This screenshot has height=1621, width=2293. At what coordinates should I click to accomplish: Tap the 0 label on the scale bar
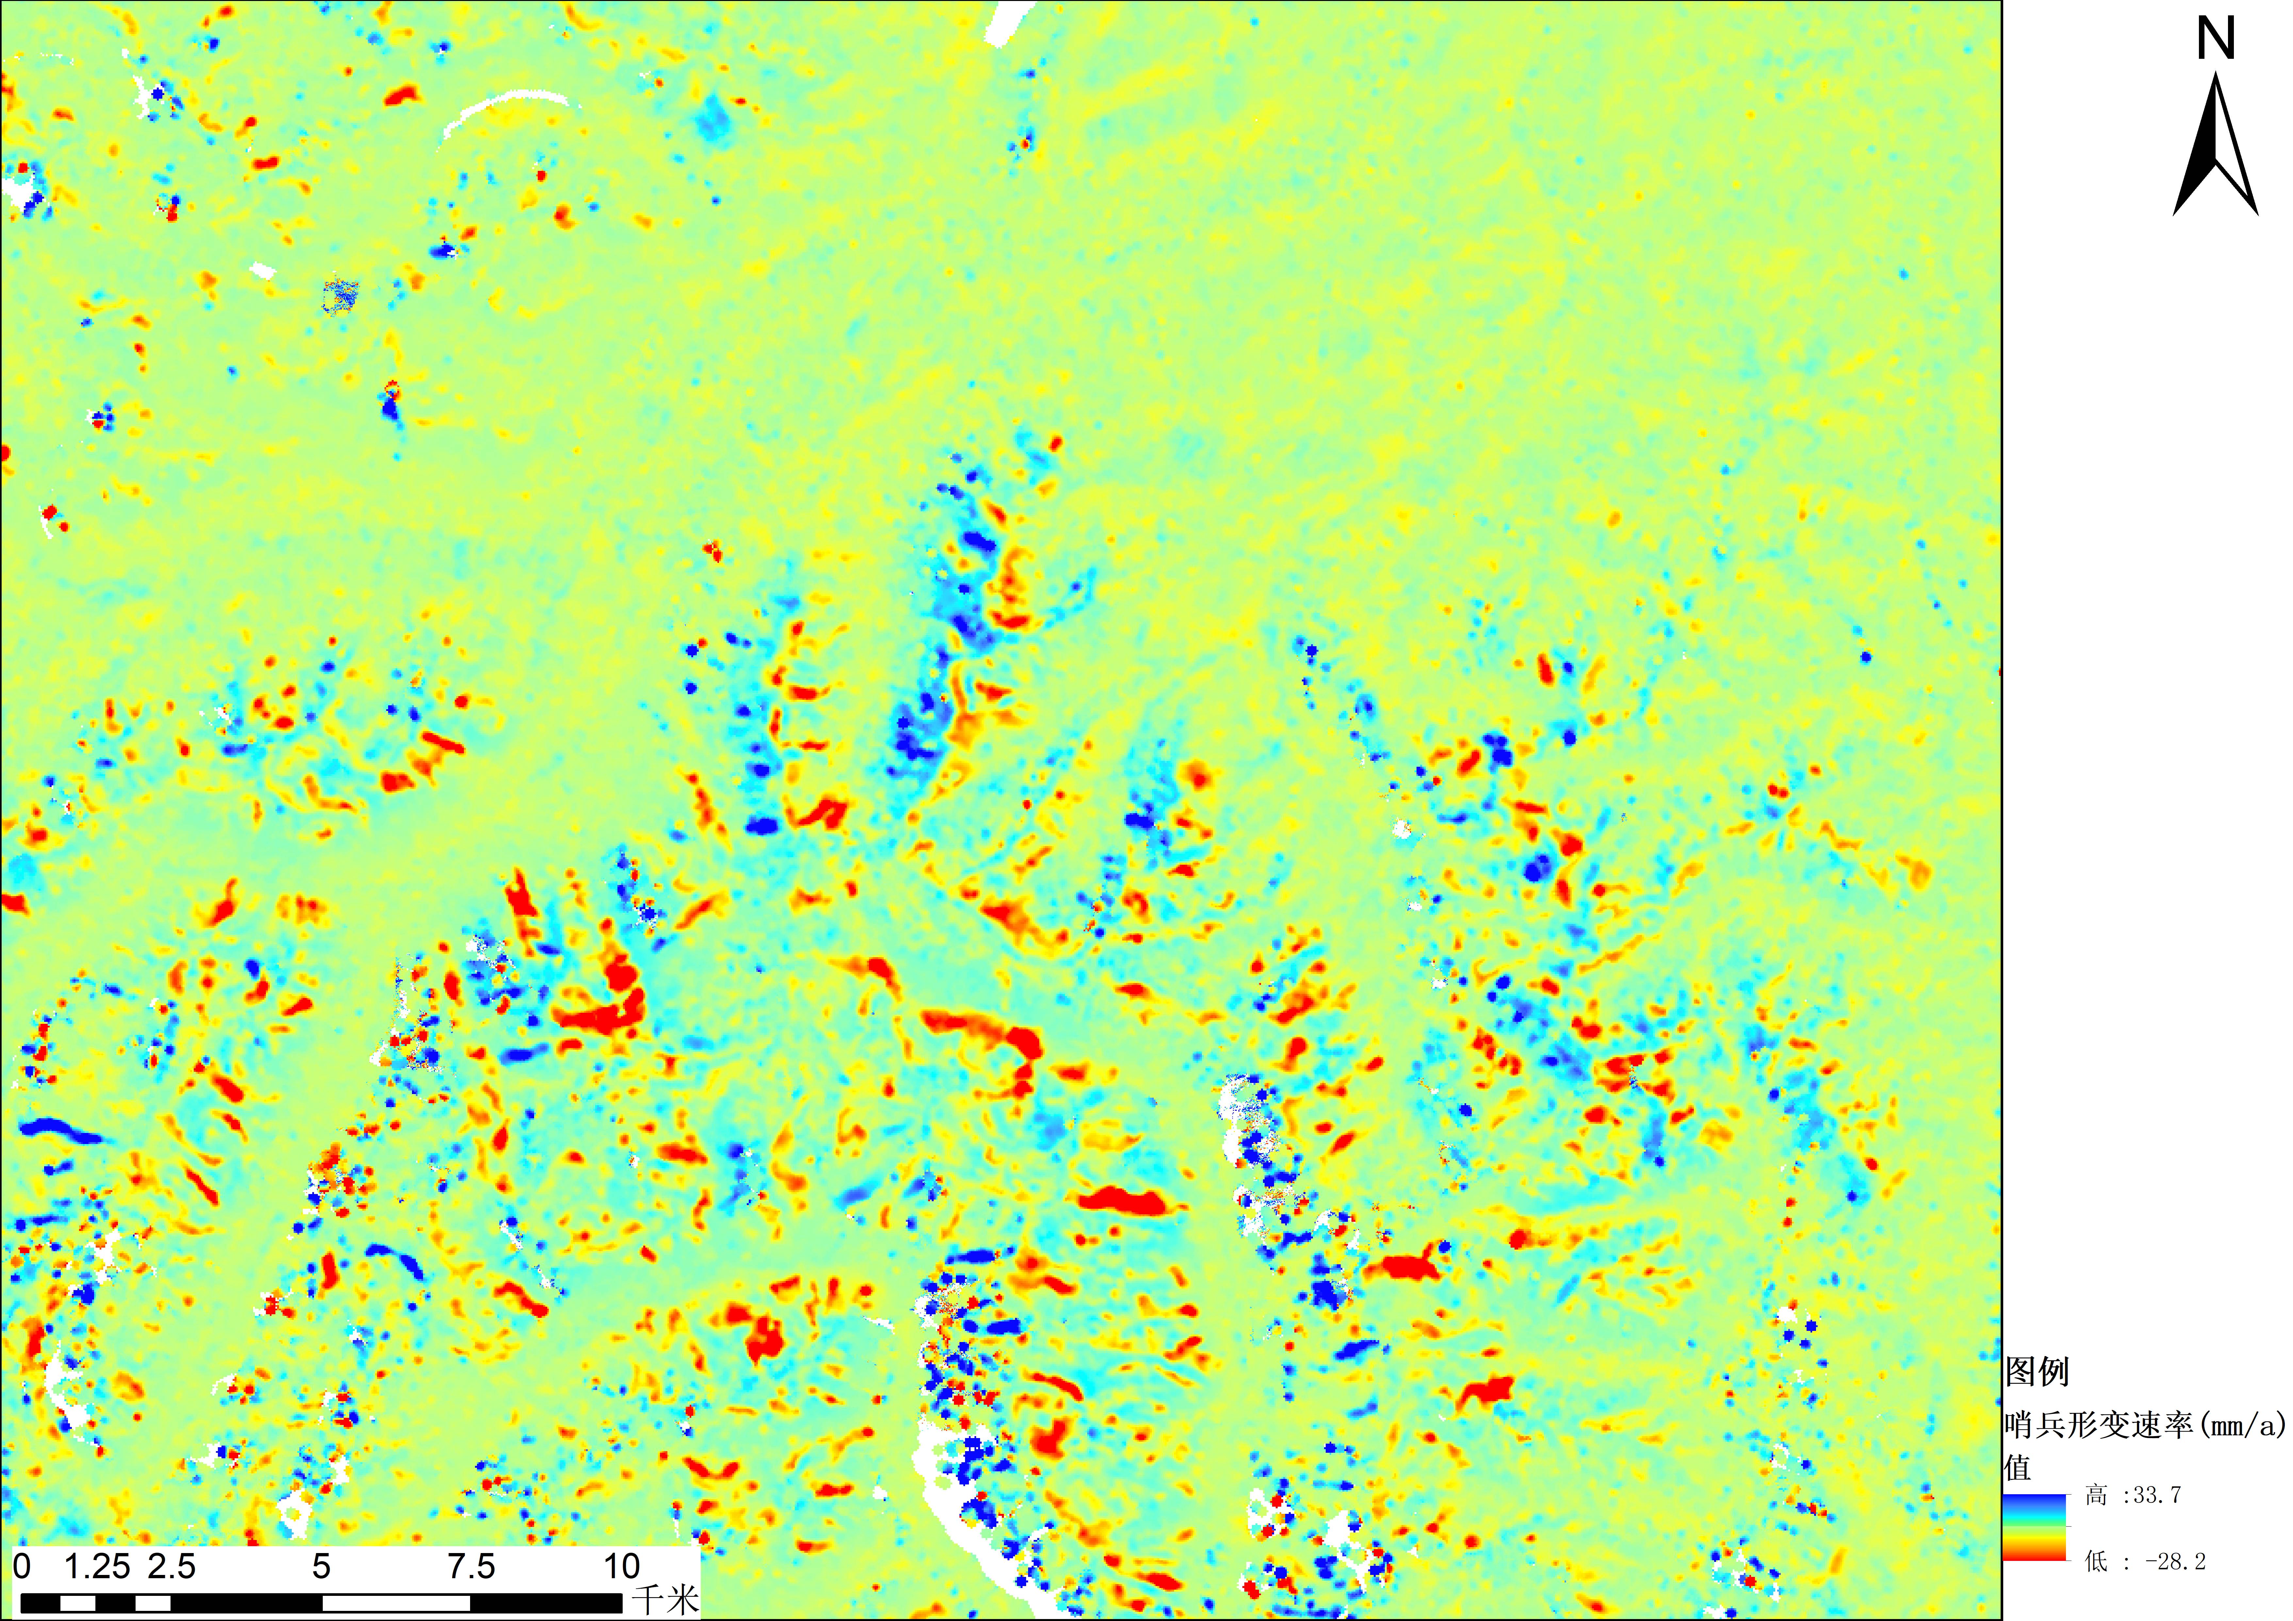pos(22,1566)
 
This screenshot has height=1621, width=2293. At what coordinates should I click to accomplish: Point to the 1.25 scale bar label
pos(97,1566)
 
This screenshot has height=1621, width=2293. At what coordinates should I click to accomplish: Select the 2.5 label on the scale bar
pos(172,1566)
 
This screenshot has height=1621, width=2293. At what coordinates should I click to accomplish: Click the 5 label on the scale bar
pos(321,1566)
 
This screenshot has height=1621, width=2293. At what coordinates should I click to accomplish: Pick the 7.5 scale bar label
pos(471,1566)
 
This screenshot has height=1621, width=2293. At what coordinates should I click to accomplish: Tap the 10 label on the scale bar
pos(621,1566)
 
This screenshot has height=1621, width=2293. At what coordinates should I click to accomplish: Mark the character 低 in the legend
pos(2096,1561)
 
